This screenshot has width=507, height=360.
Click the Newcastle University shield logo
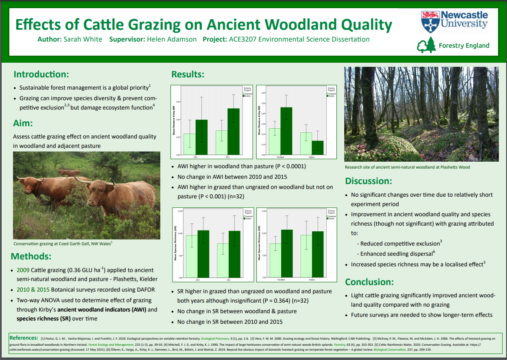point(430,22)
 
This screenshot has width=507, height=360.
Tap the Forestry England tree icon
point(426,45)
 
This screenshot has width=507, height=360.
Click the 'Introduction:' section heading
point(41,74)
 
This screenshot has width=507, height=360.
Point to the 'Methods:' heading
point(31,256)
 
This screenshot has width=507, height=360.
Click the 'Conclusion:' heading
point(369,282)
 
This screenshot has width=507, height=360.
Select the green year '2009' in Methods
point(23,270)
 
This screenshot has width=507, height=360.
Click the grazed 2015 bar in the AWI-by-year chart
point(233,132)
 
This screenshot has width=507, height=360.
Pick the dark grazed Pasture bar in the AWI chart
point(317,147)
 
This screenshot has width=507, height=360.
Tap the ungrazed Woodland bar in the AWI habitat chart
point(275,141)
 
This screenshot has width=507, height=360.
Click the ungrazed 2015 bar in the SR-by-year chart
point(223,261)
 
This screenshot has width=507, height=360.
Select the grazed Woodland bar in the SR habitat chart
point(287,253)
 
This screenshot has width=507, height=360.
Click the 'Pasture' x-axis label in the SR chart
point(312,280)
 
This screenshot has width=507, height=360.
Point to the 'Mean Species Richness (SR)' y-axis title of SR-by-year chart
point(175,244)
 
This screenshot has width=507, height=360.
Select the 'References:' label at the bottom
point(24,338)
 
